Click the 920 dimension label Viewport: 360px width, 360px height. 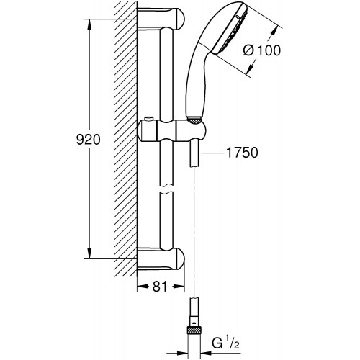pos(88,140)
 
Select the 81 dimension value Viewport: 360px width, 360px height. pos(160,286)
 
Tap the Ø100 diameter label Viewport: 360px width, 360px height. pos(261,50)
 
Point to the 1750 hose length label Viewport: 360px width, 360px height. pos(242,153)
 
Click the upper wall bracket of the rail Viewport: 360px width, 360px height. pos(161,19)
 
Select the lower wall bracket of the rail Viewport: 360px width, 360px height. pos(161,259)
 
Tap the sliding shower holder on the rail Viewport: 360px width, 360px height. pos(171,131)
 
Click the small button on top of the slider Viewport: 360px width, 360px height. pos(149,119)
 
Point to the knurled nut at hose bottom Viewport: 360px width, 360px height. pos(194,330)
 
